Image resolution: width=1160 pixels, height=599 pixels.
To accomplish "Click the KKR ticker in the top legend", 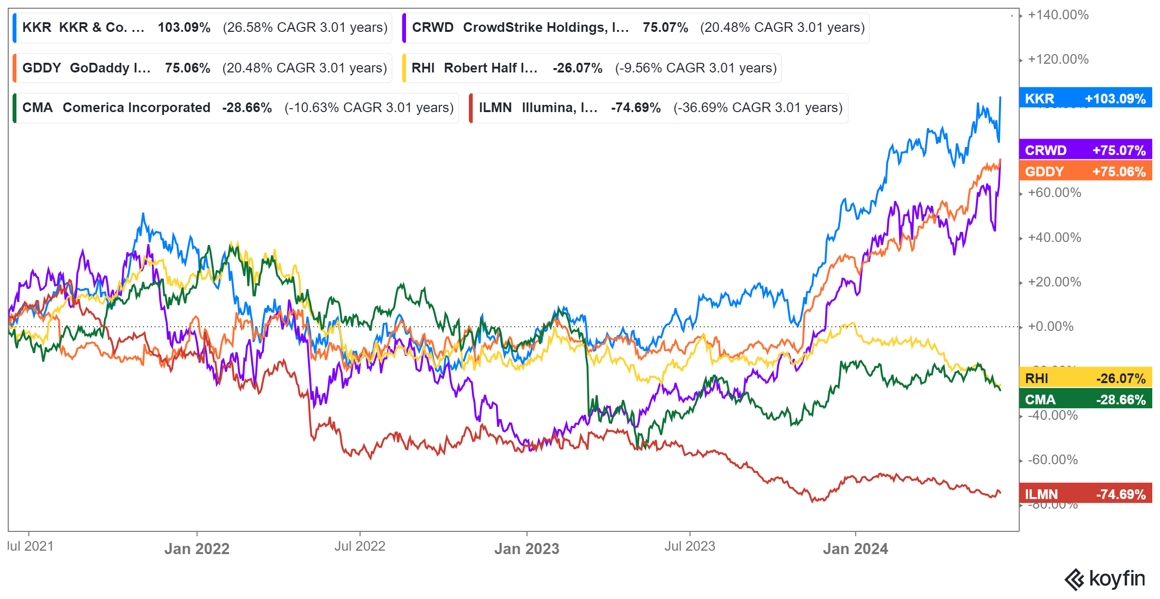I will coord(37,28).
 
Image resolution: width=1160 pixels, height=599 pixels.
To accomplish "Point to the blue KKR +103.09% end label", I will coord(1085,99).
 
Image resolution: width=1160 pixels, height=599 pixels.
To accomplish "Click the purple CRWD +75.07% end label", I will coord(1085,150).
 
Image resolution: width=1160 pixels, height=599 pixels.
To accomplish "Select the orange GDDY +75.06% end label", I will coord(1085,171).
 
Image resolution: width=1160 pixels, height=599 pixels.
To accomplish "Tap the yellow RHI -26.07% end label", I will coord(1085,378).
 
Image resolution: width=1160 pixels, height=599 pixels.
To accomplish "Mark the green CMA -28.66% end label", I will coord(1085,399).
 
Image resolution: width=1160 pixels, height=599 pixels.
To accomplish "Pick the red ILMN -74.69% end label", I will coord(1085,494).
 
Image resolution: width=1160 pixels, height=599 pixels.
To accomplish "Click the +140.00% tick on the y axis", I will coord(1058,15).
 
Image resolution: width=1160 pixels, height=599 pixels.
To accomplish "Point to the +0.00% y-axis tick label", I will coord(1050,327).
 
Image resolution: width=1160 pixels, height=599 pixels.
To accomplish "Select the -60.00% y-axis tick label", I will coord(1053,459).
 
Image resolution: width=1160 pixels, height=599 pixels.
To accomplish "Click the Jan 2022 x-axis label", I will coord(197,549).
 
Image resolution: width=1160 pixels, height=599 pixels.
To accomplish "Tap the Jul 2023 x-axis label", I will coord(690,546).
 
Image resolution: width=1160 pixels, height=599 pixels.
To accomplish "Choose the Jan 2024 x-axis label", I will coord(855,549).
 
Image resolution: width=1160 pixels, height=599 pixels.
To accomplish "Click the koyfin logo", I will coord(1104,579).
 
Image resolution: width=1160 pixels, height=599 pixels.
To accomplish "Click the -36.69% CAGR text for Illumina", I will coord(758,108).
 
